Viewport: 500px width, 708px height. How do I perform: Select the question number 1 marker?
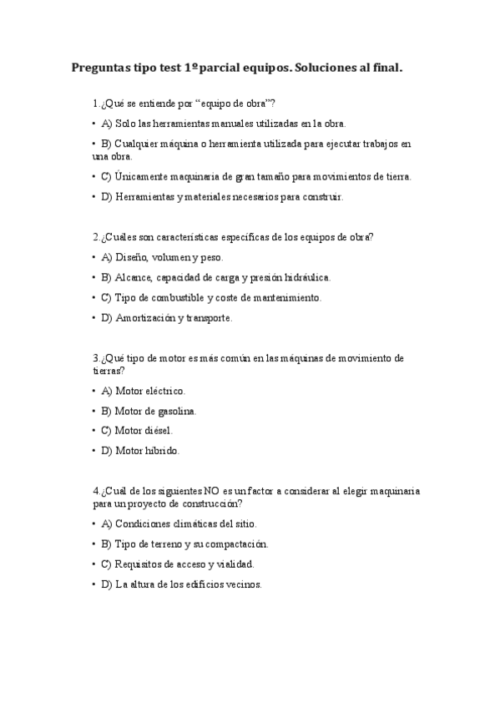(96, 104)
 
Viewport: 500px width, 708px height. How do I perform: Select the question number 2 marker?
(96, 236)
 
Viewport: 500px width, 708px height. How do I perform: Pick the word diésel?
(163, 431)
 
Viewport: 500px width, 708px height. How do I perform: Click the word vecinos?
(245, 584)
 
